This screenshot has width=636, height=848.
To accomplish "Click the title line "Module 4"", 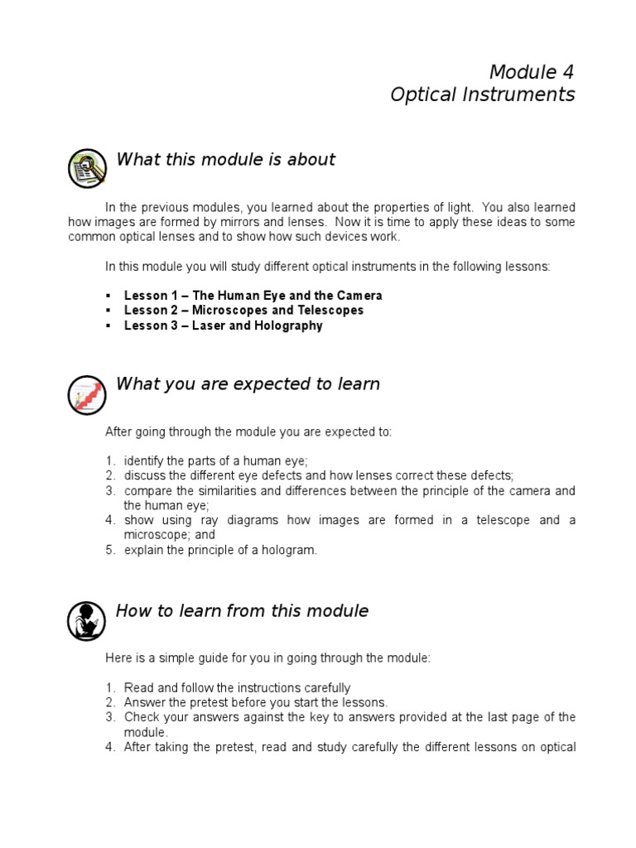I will (531, 72).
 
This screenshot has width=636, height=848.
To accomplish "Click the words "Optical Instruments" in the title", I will (482, 94).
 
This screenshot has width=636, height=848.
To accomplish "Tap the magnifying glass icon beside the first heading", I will (86, 168).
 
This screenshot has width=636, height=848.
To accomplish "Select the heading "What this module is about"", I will (225, 160).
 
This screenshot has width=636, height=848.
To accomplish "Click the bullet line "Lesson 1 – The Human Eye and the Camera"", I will (253, 296).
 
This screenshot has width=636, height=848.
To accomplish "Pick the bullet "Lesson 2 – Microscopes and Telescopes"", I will (243, 311).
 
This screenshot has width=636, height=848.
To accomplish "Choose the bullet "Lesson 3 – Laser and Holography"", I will (223, 325).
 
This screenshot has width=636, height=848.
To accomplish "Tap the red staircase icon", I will (86, 394).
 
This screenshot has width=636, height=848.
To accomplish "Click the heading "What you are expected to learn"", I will (248, 384).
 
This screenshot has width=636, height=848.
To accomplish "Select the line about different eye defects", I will (319, 475).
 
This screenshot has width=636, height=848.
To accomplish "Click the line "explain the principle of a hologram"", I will (220, 550).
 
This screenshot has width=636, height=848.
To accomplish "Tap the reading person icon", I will (86, 620).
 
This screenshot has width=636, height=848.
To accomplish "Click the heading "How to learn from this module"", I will (242, 612).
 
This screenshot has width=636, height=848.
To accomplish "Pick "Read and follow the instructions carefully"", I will (237, 688).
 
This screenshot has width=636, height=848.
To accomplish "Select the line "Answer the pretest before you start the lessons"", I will (255, 703).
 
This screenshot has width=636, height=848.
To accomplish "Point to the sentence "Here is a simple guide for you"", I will (267, 658).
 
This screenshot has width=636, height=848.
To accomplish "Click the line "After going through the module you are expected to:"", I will (248, 431).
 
